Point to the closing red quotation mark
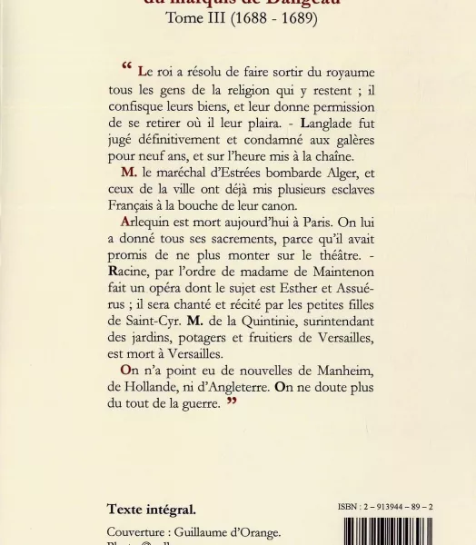[232, 402]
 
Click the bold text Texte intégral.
[151, 510]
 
